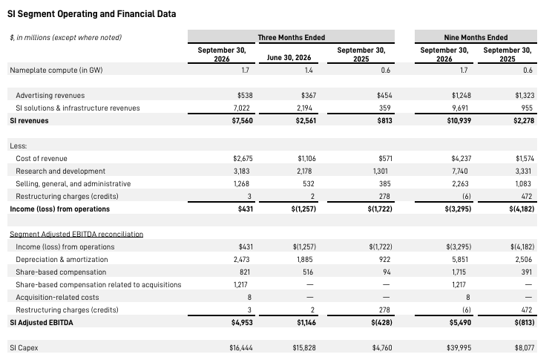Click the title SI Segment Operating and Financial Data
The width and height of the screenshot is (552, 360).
click(91, 14)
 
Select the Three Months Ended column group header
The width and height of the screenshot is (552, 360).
click(291, 37)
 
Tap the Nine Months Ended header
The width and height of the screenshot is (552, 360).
click(476, 37)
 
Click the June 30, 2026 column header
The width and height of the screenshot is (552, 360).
click(289, 57)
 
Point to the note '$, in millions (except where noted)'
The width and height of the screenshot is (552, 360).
click(66, 37)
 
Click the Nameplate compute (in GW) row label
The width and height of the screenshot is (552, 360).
click(56, 70)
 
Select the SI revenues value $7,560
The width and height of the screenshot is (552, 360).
click(242, 121)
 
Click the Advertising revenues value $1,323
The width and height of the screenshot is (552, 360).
click(525, 96)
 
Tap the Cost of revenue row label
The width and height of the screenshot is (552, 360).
click(42, 159)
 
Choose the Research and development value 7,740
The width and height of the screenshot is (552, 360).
click(460, 171)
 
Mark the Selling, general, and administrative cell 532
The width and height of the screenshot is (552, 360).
click(308, 184)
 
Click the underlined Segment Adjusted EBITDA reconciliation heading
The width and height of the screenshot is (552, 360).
click(76, 235)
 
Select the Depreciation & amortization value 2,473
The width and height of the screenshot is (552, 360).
click(242, 260)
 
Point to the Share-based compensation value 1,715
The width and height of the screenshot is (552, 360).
click(459, 272)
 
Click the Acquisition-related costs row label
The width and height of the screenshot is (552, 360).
click(57, 298)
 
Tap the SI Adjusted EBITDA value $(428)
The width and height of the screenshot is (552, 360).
click(381, 323)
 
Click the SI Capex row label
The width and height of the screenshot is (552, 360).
click(24, 348)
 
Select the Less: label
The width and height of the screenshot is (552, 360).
click(19, 145)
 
